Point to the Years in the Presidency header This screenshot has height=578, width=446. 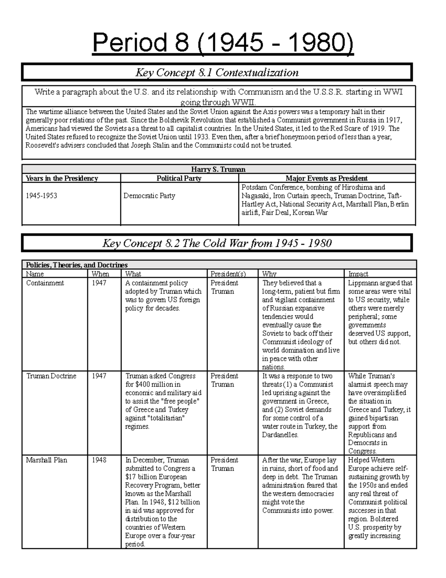62,178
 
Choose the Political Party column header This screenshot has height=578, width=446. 179,178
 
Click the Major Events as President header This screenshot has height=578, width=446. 326,178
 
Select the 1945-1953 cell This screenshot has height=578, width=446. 41,196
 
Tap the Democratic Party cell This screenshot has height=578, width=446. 149,196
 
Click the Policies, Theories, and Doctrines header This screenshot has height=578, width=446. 77,265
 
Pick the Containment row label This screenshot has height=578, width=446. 45,283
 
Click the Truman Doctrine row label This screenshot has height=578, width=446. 51,376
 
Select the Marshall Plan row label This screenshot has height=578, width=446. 46,460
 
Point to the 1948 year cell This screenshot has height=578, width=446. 99,460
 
